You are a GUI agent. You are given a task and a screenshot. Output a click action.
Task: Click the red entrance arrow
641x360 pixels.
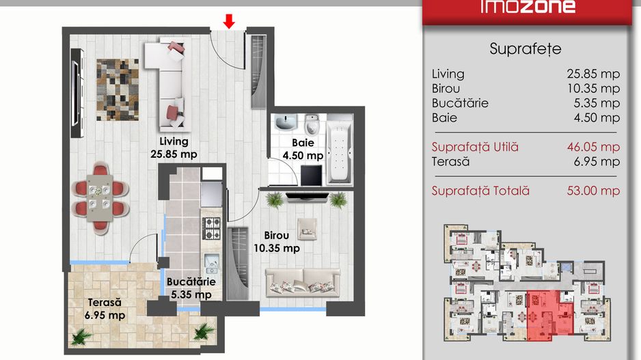click(229, 21)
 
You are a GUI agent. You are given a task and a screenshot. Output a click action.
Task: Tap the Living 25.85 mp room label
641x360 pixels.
click(174, 148)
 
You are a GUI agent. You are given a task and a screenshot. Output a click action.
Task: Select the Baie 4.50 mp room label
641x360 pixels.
click(303, 149)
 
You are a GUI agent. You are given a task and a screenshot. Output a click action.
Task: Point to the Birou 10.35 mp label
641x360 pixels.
click(277, 242)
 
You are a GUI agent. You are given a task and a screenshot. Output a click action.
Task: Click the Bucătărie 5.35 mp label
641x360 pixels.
click(191, 288)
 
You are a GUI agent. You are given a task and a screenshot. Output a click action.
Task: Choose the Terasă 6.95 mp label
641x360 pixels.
click(105, 309)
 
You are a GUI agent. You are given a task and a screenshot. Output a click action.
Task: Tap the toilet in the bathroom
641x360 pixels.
click(312, 124)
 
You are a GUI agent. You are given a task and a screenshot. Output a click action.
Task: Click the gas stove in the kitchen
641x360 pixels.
click(212, 228)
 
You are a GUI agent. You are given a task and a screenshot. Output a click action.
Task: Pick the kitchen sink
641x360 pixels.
click(212, 264)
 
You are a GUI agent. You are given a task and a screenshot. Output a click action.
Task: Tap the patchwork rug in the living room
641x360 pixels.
click(118, 90)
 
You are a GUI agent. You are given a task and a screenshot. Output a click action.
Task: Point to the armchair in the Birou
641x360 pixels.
click(307, 229)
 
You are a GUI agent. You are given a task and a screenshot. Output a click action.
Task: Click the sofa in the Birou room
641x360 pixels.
click(303, 282)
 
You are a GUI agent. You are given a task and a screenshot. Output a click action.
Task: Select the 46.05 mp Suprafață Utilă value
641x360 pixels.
click(593, 147)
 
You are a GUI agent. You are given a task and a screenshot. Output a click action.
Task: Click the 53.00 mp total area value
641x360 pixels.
click(593, 191)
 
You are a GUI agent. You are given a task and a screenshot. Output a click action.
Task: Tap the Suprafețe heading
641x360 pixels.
click(526, 49)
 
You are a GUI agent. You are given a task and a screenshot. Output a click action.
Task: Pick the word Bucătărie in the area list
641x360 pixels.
click(460, 103)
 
